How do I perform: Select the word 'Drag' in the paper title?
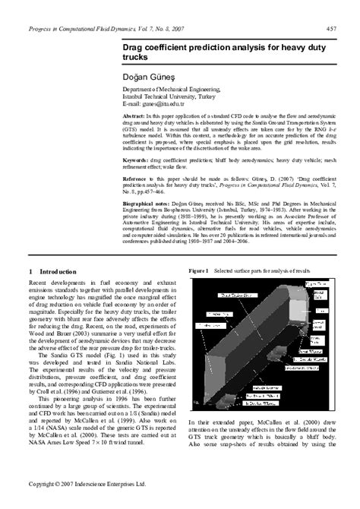click(x=135, y=47)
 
